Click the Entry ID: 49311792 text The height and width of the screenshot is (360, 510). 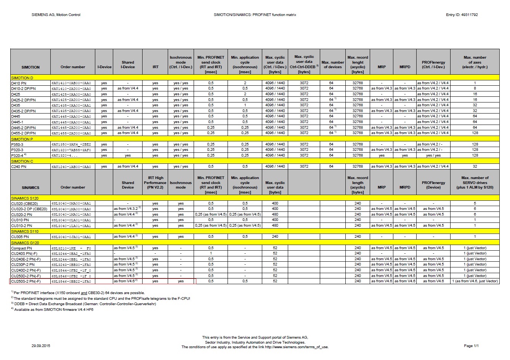462,15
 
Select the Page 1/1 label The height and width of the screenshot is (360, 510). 471,346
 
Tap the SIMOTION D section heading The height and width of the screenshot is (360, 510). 22,78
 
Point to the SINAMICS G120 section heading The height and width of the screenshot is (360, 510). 25,242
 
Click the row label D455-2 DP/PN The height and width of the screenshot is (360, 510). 23,133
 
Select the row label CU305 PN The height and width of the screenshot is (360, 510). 19,237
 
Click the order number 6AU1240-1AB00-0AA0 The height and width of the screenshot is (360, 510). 71,166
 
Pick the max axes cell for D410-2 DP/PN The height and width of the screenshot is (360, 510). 475,88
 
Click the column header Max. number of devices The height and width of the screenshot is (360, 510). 332,64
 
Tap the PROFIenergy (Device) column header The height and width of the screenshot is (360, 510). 433,185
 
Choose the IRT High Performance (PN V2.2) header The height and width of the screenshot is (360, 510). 155,182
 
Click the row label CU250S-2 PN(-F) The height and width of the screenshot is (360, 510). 26,281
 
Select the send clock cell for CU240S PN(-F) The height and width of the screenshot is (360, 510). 210,253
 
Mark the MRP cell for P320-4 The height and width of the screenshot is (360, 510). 382,155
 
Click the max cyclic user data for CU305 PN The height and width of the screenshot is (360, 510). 275,237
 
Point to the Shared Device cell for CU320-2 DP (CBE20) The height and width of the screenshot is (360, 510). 127,209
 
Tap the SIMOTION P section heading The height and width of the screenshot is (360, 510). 22,139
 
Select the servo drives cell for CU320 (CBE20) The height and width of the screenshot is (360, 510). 475,203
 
